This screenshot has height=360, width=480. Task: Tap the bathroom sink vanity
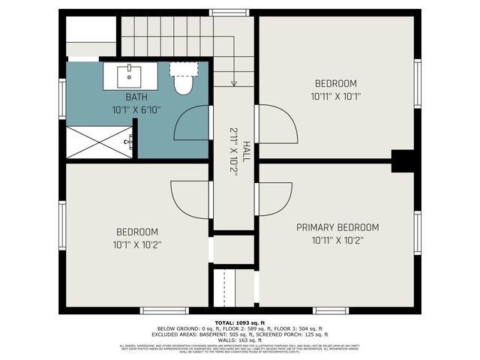click(x=130, y=76)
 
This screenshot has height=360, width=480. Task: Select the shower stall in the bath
click(x=99, y=142)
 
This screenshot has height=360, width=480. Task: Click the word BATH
click(x=136, y=97)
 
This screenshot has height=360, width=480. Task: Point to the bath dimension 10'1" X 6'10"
click(x=136, y=109)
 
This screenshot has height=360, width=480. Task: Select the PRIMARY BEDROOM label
click(x=337, y=227)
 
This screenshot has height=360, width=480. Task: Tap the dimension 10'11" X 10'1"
click(x=336, y=96)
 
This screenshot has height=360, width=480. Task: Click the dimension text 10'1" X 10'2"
click(x=137, y=244)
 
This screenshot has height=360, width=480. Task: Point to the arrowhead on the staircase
click(x=234, y=83)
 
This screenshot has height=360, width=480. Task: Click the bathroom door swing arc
click(x=192, y=124)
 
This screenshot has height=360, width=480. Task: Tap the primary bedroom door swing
click(x=274, y=199)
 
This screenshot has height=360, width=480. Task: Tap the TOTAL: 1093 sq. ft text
click(x=240, y=322)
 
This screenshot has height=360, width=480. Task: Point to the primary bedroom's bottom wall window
click(x=331, y=310)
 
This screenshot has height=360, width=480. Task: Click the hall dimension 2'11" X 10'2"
click(x=233, y=151)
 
